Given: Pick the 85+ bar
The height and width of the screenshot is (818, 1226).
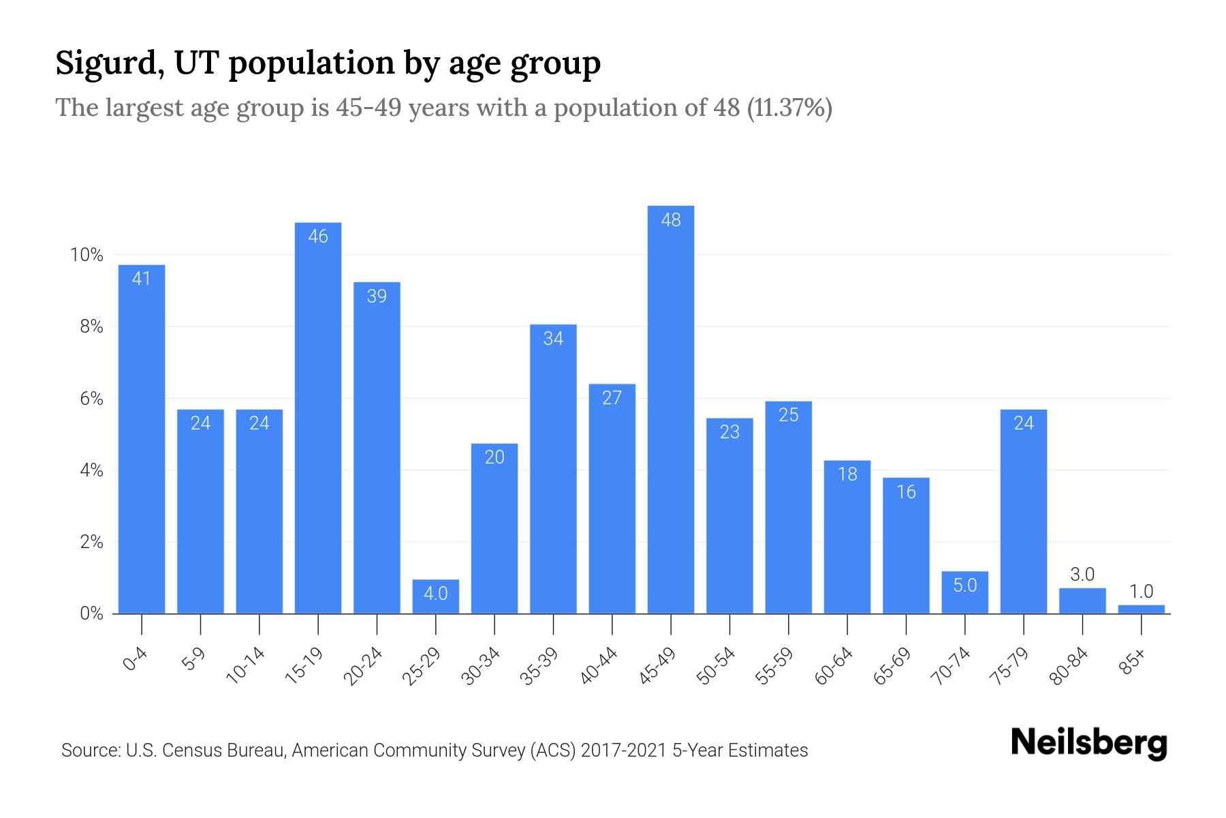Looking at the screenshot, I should (1142, 609).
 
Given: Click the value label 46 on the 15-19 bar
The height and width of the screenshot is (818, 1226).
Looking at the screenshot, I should (318, 237).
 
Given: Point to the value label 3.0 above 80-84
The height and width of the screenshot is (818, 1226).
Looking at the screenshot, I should (1082, 575).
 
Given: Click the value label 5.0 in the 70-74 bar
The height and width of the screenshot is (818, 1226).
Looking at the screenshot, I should (965, 585).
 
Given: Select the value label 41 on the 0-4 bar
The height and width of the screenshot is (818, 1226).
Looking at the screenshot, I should (141, 278).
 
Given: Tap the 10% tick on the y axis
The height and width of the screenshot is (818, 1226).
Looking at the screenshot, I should (87, 255).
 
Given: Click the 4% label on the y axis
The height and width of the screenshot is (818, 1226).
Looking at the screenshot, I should (91, 470).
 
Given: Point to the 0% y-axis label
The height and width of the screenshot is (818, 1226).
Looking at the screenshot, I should (91, 613).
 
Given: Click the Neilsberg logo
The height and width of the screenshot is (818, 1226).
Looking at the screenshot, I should (1088, 743).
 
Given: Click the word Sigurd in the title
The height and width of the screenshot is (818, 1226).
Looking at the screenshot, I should (109, 63).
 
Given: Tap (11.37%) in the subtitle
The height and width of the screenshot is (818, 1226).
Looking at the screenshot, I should (789, 108).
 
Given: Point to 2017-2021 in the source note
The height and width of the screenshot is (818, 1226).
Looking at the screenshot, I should (624, 751).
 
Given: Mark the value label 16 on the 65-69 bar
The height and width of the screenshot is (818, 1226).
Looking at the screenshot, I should (906, 491).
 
